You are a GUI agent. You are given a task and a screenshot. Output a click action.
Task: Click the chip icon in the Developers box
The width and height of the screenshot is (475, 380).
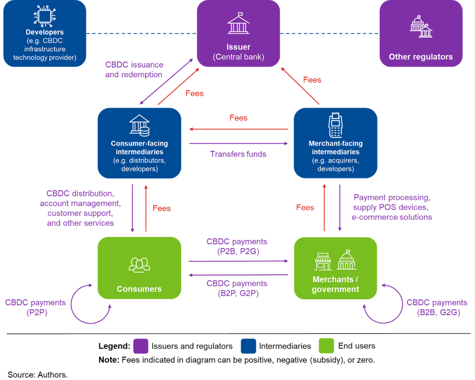tap(45, 16)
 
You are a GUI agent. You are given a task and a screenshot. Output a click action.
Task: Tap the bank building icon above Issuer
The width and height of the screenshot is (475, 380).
tap(238, 23)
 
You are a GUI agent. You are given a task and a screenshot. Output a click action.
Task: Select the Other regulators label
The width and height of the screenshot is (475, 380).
tap(421, 57)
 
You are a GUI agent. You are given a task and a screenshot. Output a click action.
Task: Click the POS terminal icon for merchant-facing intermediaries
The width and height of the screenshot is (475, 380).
tap(335, 125)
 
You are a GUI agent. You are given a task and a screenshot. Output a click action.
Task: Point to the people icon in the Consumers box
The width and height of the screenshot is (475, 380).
tap(139, 265)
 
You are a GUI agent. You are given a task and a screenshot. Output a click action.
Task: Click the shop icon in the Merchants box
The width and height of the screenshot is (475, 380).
tap(323, 261)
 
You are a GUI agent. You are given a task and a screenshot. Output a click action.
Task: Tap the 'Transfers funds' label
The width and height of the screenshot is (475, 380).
tap(238, 154)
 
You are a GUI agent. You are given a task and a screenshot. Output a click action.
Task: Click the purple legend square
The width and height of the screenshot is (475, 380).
tap(141, 346)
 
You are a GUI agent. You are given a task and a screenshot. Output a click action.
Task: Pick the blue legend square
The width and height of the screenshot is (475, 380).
tap(249, 346)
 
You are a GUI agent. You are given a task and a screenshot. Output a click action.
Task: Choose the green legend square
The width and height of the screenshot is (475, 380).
tap(326, 346)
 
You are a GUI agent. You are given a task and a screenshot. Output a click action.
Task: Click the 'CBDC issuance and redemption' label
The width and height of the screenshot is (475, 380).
tap(134, 69)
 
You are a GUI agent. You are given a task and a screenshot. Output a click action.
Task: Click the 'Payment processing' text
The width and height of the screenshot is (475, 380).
tap(392, 198)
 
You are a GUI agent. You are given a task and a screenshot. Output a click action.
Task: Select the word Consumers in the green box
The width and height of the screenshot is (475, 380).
tap(139, 289)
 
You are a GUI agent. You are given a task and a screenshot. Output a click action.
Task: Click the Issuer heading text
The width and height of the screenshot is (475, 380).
tap(238, 47)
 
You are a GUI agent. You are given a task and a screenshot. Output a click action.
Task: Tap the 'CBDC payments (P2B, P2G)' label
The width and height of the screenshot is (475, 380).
tap(237, 247)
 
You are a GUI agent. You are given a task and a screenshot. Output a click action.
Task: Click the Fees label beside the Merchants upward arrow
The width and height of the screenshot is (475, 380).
tap(305, 207)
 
